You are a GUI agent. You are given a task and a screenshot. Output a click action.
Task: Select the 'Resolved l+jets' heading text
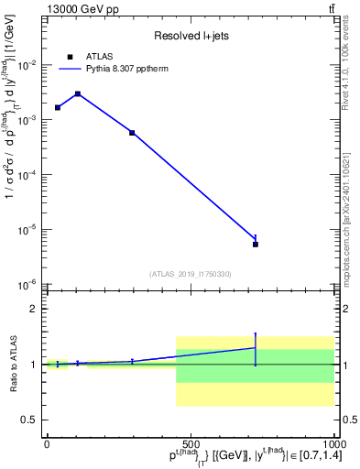[190, 36]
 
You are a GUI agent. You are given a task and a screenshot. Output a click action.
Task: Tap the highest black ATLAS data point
[78, 93]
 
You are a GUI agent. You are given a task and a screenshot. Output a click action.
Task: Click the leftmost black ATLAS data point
[58, 107]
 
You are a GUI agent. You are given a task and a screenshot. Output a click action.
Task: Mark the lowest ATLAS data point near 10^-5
[256, 244]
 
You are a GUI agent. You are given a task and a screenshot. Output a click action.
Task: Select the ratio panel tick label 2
[33, 310]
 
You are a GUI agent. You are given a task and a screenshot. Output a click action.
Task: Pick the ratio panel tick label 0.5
[29, 420]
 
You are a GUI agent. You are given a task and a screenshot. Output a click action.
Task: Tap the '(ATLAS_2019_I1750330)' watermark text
[190, 274]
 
